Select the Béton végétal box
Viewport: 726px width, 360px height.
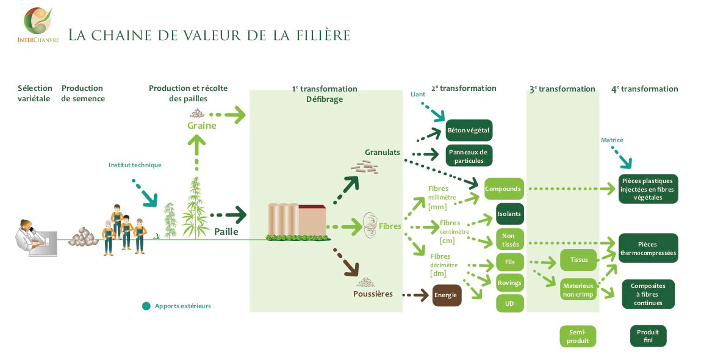(469, 130)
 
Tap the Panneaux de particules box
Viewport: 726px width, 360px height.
(469, 156)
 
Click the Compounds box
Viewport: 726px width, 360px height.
(503, 189)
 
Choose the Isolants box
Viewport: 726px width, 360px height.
(509, 214)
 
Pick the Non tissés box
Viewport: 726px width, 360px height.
(509, 239)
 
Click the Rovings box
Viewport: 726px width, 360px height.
(509, 283)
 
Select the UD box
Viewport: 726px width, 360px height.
(509, 303)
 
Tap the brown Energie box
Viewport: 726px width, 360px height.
(447, 295)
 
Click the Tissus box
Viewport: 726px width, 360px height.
(578, 260)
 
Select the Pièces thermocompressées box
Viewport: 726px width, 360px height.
(647, 248)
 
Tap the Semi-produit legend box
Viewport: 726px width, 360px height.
(578, 336)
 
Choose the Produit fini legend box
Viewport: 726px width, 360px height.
(648, 336)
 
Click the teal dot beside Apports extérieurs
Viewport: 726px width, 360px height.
(146, 306)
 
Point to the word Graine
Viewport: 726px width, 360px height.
(202, 126)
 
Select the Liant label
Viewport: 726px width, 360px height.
(418, 95)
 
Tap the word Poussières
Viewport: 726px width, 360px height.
(373, 294)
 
